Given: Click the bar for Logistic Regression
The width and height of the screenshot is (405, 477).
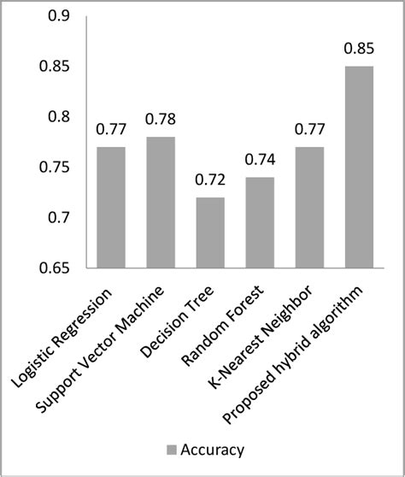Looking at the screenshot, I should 111,208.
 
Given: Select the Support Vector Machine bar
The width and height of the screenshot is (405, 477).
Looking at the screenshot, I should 161,203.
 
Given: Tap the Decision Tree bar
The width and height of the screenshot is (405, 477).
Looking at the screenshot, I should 210,233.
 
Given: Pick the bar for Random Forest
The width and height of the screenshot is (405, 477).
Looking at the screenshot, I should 260,223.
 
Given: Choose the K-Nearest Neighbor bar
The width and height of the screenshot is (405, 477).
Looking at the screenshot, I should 310,208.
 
